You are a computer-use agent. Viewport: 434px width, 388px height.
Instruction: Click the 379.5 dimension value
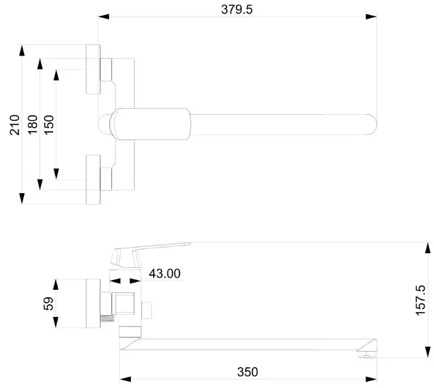point(237,9)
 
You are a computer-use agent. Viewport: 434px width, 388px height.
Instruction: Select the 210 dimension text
point(15,125)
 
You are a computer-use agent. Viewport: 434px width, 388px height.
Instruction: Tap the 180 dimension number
point(32,125)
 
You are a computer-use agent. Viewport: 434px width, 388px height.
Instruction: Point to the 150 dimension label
point(49,125)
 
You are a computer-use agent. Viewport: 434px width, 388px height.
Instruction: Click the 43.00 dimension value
point(165,273)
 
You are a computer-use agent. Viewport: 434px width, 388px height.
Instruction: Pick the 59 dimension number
point(48,303)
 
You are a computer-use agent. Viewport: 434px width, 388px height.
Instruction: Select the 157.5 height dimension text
point(420,300)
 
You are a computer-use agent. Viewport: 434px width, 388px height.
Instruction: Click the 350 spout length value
point(248,372)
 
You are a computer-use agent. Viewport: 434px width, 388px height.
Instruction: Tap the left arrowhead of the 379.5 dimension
point(104,17)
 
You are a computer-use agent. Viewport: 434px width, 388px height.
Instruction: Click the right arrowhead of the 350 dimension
point(371,379)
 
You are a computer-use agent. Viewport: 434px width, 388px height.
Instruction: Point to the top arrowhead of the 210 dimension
point(22,51)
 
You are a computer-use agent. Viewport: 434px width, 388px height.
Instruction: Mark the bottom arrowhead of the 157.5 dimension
point(428,352)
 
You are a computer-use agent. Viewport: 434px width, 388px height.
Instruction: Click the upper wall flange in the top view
point(93,69)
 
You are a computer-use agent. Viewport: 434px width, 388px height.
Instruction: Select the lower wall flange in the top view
point(93,180)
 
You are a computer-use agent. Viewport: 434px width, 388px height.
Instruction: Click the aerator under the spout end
point(367,354)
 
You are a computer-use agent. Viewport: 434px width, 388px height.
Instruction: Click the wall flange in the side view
point(93,303)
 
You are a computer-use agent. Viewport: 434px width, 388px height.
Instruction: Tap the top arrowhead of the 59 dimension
point(56,284)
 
